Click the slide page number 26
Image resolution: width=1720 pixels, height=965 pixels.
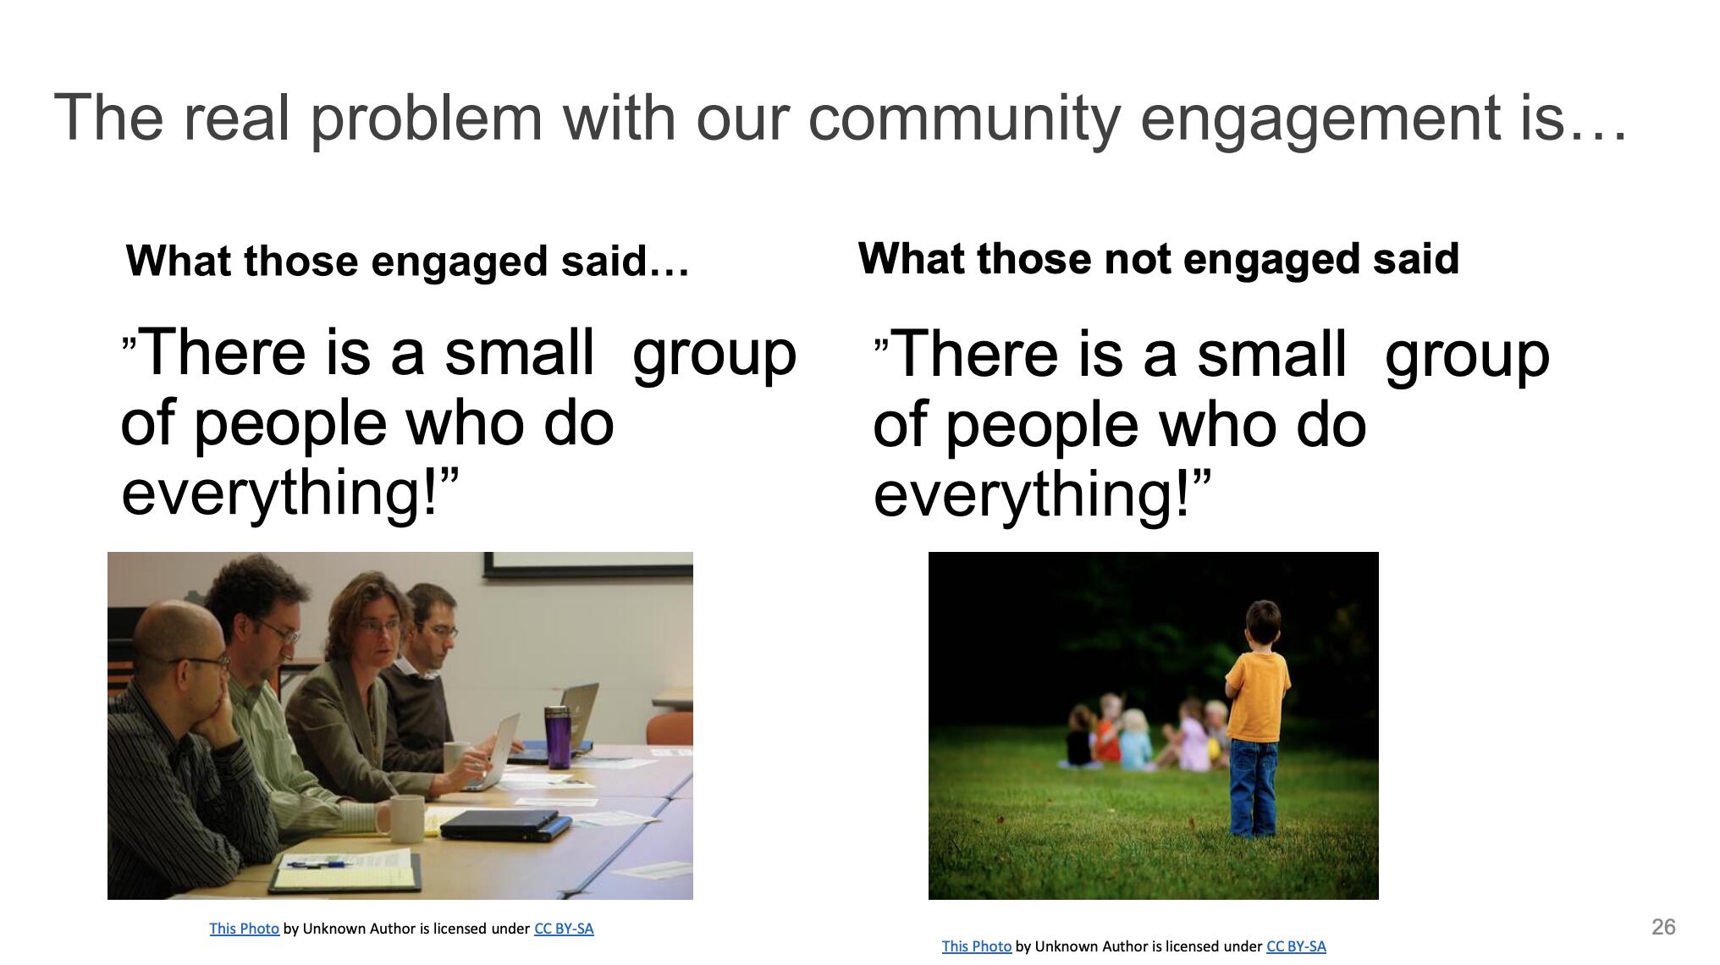click(1663, 927)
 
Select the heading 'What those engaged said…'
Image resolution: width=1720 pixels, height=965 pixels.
click(408, 261)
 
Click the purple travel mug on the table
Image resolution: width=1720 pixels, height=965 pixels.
click(558, 737)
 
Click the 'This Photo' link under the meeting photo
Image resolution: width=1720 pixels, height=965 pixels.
click(244, 929)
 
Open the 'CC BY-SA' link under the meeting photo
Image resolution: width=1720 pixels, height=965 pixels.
click(564, 929)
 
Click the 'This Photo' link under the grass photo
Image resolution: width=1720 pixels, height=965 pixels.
click(977, 946)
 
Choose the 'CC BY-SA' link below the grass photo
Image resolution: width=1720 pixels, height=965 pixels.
click(1296, 946)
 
